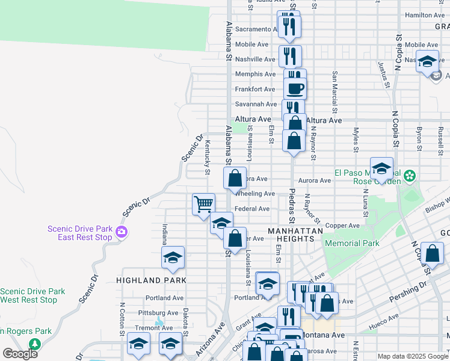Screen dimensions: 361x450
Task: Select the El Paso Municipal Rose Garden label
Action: [x=366, y=176]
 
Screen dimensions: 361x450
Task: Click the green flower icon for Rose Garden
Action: [x=410, y=176]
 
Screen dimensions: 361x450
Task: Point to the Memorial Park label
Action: [x=352, y=244]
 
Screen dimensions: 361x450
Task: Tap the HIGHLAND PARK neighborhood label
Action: [x=151, y=280]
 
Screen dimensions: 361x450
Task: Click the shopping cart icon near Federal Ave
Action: [x=203, y=203]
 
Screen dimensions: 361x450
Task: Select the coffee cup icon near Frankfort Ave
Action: [x=295, y=89]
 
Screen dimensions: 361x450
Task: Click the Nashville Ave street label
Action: [x=255, y=60]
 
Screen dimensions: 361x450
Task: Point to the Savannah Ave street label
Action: [x=255, y=104]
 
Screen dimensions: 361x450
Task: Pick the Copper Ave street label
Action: [x=342, y=226]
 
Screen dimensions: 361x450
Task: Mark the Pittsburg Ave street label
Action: [x=158, y=313]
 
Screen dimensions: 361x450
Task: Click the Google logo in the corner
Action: [x=20, y=354]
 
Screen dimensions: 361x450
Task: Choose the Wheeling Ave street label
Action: [x=255, y=194]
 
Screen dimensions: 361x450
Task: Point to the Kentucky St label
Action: [x=207, y=157]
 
